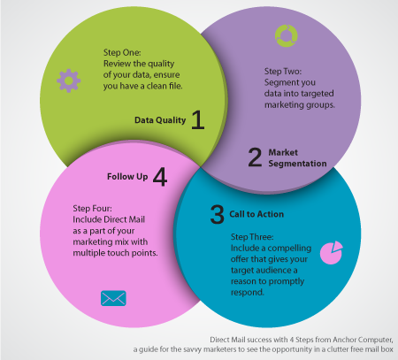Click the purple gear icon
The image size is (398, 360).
[69, 80]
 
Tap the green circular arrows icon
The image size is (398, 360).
[287, 35]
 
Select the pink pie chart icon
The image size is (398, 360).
[332, 253]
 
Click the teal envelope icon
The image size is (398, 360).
[113, 298]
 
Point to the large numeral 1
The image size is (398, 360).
[197, 119]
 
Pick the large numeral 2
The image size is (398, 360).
[255, 157]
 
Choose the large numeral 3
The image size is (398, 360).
[218, 214]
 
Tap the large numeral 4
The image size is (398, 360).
[160, 177]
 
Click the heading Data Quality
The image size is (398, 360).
[160, 120]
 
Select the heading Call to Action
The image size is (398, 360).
[256, 214]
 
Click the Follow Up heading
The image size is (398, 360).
[127, 177]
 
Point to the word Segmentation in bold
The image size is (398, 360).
[297, 164]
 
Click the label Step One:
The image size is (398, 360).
[122, 52]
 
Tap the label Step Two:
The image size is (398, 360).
[283, 72]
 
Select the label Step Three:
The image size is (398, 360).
[252, 237]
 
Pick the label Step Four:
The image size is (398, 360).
[92, 209]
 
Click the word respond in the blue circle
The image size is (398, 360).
[248, 293]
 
